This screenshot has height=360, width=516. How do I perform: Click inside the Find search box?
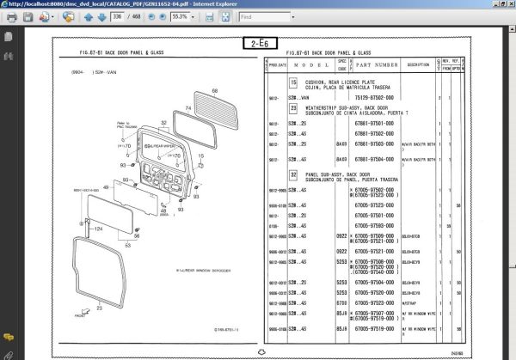(265, 16)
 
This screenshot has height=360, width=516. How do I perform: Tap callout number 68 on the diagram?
(215, 90)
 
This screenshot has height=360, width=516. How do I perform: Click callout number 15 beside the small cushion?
(201, 156)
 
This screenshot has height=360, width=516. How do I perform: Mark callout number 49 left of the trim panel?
(105, 187)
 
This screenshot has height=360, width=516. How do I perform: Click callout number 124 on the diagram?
(97, 229)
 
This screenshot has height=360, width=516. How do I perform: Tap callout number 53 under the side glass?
(127, 245)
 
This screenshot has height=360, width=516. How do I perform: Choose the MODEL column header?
(306, 64)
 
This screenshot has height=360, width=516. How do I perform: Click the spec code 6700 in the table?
(341, 303)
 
